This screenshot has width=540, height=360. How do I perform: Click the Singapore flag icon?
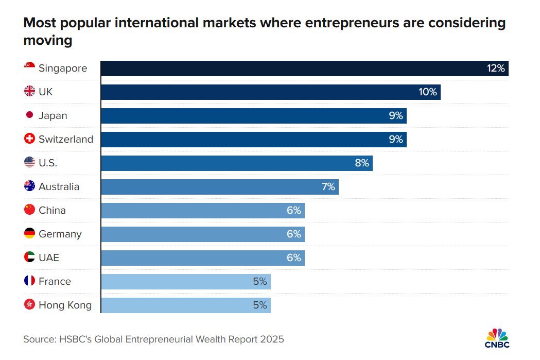30,65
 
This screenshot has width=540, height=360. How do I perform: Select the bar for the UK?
271,92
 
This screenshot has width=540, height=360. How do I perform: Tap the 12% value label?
496,68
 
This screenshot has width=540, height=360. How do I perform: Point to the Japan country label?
53,116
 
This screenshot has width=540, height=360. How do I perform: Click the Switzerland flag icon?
30,139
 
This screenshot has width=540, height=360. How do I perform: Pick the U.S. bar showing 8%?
237,163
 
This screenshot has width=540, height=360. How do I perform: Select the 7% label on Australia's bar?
328,187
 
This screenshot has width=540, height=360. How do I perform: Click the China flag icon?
30,210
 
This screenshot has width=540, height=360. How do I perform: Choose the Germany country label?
60,234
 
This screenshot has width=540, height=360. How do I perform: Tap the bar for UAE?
203,258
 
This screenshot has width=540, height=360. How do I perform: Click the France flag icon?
30,280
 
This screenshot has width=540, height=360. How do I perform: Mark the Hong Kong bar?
186,305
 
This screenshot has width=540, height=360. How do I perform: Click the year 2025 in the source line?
272,339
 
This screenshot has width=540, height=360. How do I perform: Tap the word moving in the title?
48,40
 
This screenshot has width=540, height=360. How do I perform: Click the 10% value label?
427,92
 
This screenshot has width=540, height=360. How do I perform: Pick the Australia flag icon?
30,186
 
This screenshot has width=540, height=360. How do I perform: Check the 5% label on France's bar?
260,281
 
